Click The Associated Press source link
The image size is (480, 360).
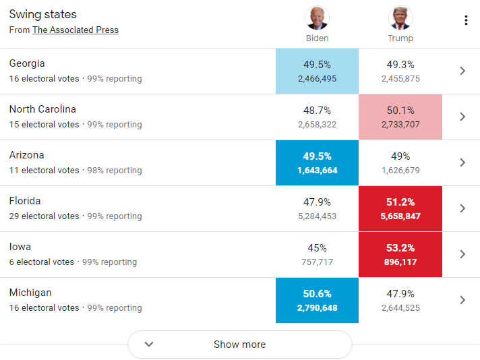pyautogui.click(x=76, y=30)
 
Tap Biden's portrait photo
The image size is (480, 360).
pyautogui.click(x=317, y=18)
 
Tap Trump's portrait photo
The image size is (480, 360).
pyautogui.click(x=400, y=18)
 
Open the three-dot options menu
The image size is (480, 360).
pyautogui.click(x=465, y=20)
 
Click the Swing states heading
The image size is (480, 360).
pyautogui.click(x=43, y=14)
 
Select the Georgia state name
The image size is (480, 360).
pyautogui.click(x=27, y=63)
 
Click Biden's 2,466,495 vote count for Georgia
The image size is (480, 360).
pyautogui.click(x=317, y=79)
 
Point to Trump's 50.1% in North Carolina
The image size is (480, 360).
pyautogui.click(x=400, y=111)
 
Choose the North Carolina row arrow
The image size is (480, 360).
pyautogui.click(x=462, y=117)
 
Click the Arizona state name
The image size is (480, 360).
pyautogui.click(x=26, y=155)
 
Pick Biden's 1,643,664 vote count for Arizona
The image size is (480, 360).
pyautogui.click(x=317, y=171)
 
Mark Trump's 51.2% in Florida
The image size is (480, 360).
pyautogui.click(x=400, y=202)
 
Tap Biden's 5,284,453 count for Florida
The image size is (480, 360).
pyautogui.click(x=317, y=216)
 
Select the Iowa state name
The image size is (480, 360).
pyautogui.click(x=20, y=247)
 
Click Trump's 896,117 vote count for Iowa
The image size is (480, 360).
pyautogui.click(x=400, y=262)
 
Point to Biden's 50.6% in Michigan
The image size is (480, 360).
pyautogui.click(x=317, y=294)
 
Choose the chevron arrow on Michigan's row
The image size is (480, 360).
pyautogui.click(x=462, y=300)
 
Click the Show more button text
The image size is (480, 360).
pyautogui.click(x=239, y=344)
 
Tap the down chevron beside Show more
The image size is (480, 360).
pyautogui.click(x=150, y=344)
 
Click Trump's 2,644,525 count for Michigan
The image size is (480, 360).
pyautogui.click(x=400, y=308)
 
